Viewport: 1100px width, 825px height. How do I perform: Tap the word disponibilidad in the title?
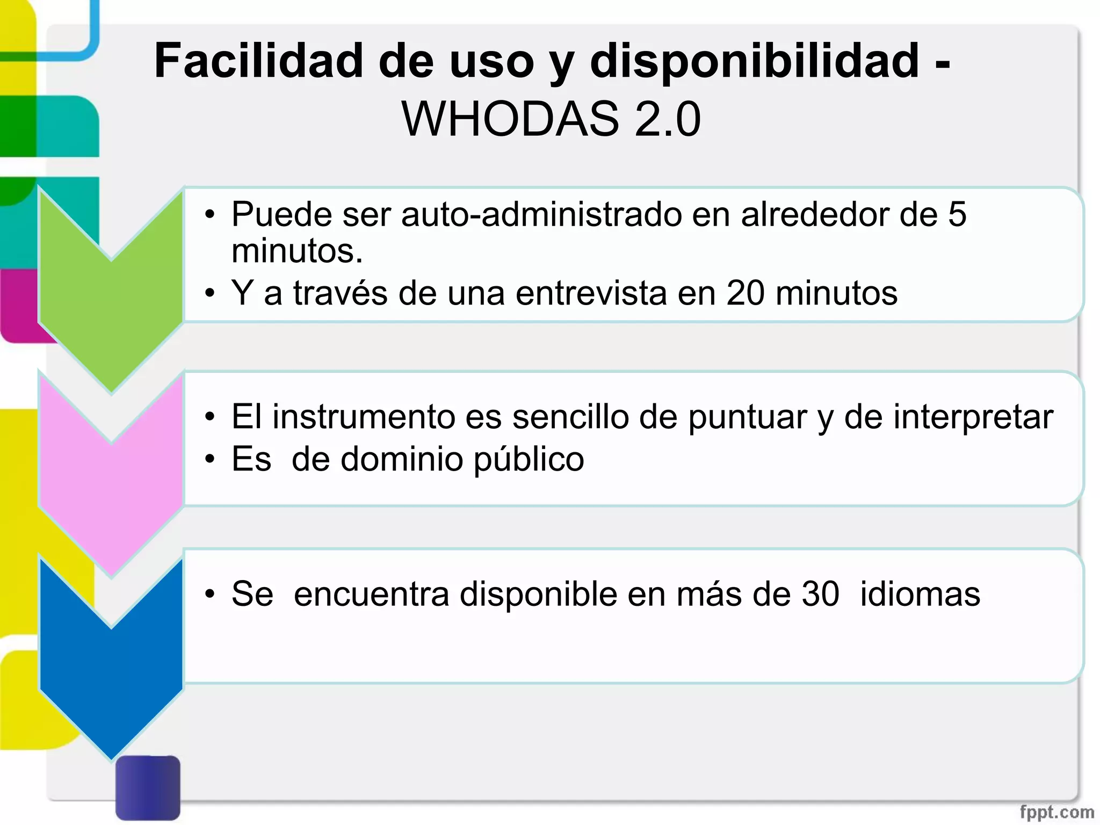(x=754, y=62)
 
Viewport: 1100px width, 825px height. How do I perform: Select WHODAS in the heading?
(x=510, y=119)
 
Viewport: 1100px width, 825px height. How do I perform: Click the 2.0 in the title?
(x=667, y=119)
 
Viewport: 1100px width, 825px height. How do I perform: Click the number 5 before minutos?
(x=957, y=214)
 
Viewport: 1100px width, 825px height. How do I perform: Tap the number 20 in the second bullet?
(x=746, y=293)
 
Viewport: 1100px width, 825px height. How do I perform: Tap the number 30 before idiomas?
(x=820, y=594)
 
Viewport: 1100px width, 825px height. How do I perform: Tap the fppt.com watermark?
(x=1056, y=812)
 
